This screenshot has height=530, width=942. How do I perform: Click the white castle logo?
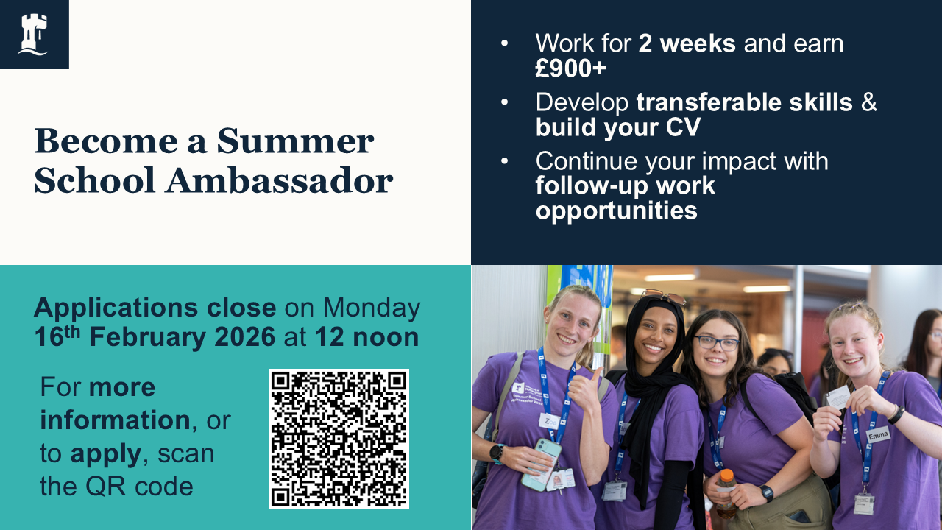[33, 35]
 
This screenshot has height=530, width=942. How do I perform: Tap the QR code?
[339, 439]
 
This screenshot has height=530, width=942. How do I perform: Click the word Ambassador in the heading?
[279, 181]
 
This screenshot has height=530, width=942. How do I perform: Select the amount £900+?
[570, 68]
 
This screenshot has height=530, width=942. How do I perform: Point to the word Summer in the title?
[295, 141]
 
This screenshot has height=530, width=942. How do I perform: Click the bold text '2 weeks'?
[687, 43]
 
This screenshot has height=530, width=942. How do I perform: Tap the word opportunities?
[617, 211]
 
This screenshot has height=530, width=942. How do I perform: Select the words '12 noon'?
[366, 337]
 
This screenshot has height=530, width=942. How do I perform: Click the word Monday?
[372, 308]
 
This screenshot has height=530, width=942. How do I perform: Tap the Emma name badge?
[878, 435]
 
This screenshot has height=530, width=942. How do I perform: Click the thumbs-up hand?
[585, 390]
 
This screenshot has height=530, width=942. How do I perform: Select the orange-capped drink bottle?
[726, 493]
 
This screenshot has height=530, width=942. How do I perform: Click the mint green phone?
[542, 464]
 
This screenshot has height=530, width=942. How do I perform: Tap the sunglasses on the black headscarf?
[664, 297]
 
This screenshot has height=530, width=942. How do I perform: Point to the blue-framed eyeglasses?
[717, 343]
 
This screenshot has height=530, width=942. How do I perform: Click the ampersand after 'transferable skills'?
[869, 102]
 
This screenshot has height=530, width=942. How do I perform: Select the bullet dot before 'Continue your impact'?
[504, 160]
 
